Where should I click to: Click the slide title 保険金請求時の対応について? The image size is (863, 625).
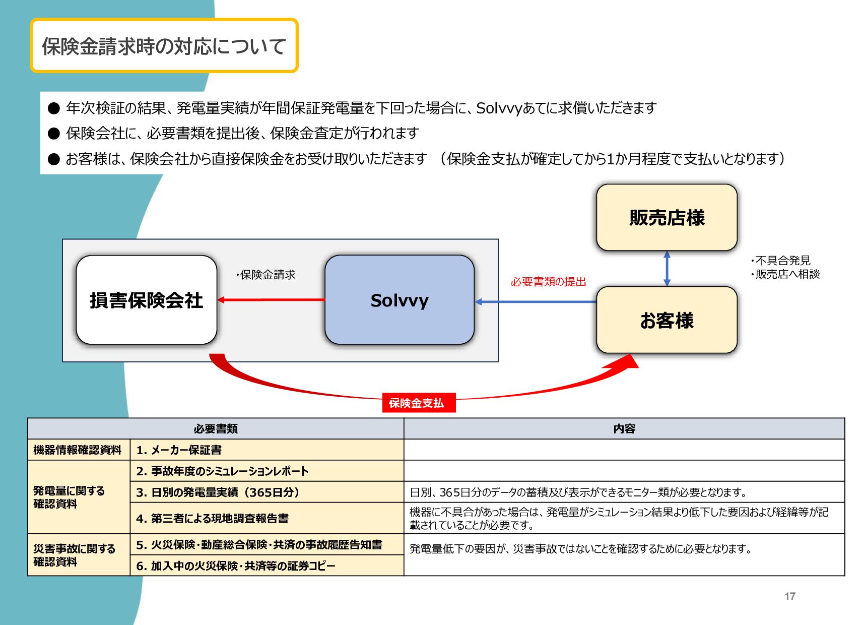coord(164,46)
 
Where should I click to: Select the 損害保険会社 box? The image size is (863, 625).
coord(146,300)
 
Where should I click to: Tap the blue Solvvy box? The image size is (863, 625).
coord(399,300)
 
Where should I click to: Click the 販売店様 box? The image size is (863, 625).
coord(667,218)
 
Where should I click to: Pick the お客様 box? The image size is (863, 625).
coord(667,320)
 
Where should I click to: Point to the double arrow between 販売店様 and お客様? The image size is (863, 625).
coord(667,269)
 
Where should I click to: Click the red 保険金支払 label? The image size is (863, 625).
coord(418,403)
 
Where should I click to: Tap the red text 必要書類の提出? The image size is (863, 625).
coord(548,282)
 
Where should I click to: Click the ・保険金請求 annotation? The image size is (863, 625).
coord(265,275)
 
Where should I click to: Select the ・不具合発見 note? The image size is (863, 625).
coord(781,261)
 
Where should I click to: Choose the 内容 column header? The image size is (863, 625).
coord(624,429)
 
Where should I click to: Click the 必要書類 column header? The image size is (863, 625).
coord(216,429)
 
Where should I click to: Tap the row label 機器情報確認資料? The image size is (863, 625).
coord(78,450)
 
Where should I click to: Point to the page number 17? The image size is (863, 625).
coord(789,596)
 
